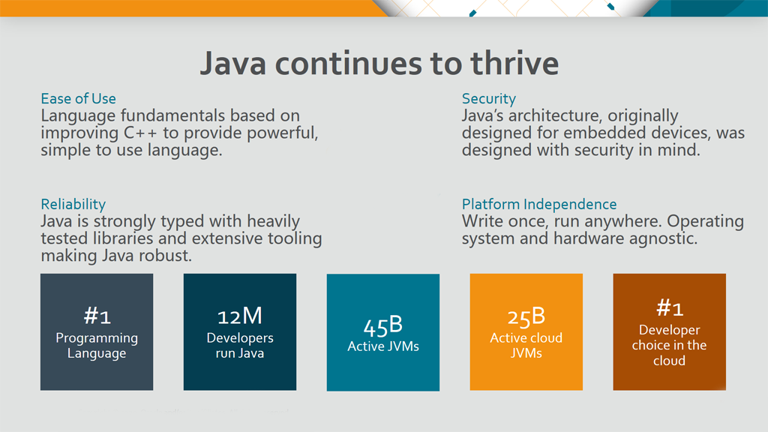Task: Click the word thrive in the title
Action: pos(514,63)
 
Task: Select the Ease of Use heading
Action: pos(78,98)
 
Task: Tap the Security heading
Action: pos(489,99)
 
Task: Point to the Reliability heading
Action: pos(73,204)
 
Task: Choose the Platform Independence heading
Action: pos(539,204)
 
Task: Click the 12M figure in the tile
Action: pos(240,316)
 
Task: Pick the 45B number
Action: pos(383,325)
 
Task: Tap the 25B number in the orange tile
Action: pos(526,316)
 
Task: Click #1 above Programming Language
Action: pos(97,316)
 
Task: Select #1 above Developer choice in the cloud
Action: pos(669,308)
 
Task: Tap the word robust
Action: pos(167,256)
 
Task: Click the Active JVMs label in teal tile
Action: pos(383,346)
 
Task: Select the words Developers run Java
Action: pos(240,345)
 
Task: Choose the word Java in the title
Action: pos(233,64)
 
